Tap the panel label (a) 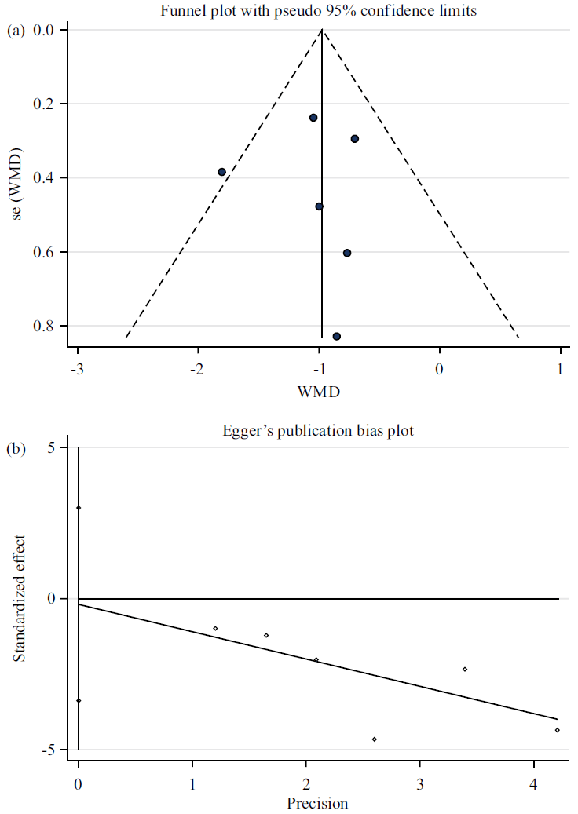click(x=16, y=30)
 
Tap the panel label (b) click(x=16, y=449)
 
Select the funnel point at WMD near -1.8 click(x=221, y=172)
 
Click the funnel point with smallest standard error click(x=313, y=118)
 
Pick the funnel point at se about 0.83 click(x=336, y=336)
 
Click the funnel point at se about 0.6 click(x=347, y=253)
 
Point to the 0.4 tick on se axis click(x=45, y=178)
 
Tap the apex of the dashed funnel click(x=322, y=30)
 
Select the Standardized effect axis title click(x=19, y=598)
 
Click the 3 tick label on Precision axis click(x=420, y=785)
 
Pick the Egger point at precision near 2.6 click(x=375, y=739)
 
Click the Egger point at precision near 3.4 click(x=465, y=669)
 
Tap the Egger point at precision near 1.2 click(x=215, y=628)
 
